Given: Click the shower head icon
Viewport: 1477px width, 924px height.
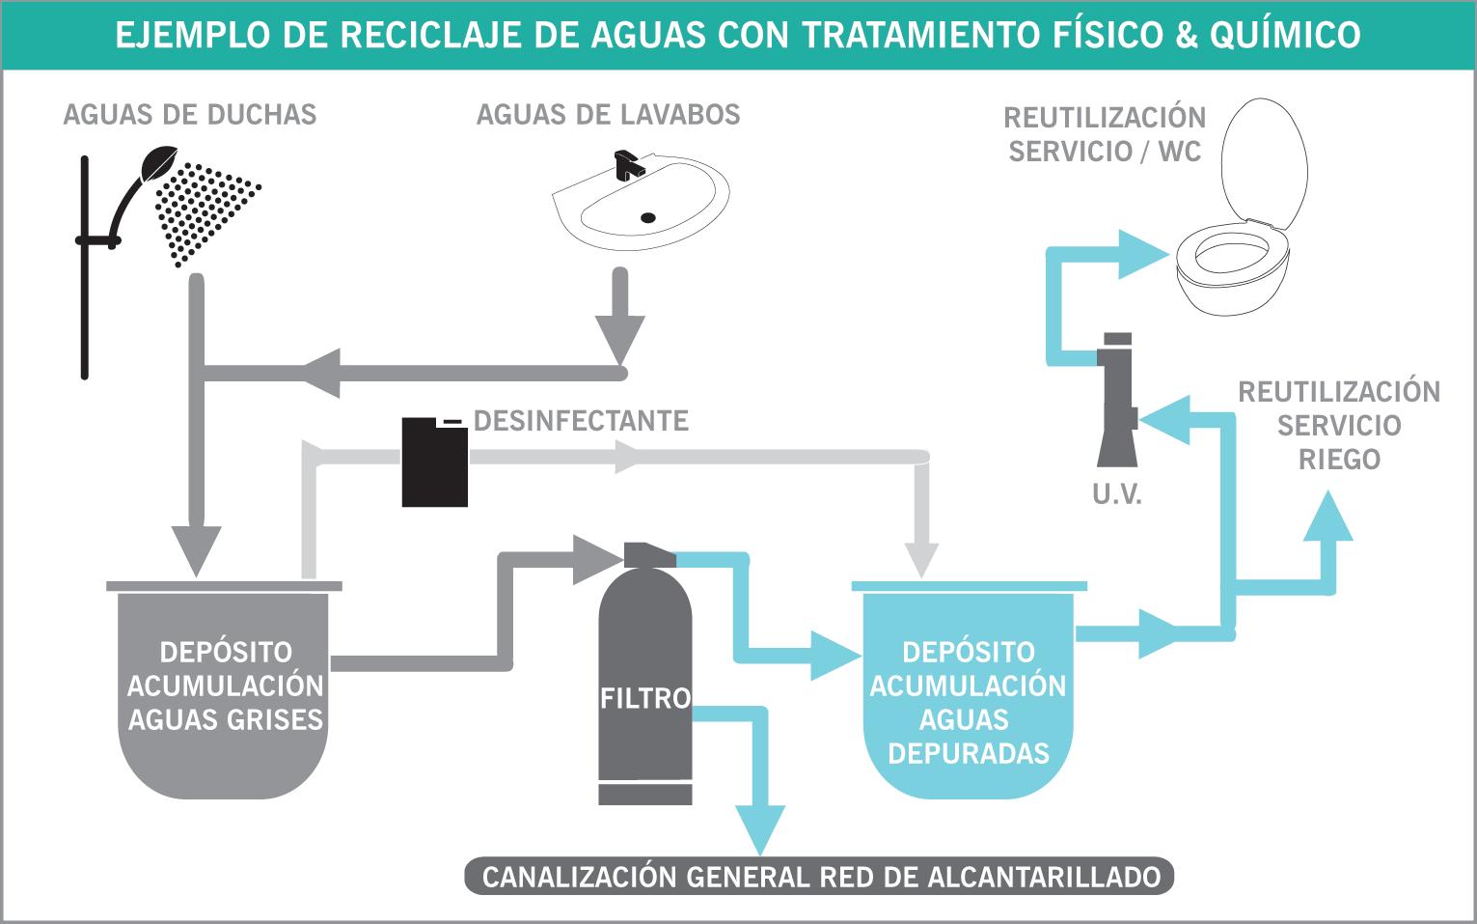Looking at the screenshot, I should (157, 162).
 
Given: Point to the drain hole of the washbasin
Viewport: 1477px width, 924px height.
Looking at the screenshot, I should (649, 217).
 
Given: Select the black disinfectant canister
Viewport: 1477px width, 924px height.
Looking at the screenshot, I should (434, 462).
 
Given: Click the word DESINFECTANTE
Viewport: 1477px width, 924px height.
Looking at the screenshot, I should (581, 421).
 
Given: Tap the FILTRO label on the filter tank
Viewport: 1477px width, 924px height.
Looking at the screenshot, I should (645, 698).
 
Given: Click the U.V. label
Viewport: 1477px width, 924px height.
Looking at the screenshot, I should (1117, 495).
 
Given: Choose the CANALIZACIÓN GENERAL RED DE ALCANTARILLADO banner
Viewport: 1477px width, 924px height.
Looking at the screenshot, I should (820, 877).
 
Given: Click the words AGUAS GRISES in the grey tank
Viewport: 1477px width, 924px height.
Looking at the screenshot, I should (226, 719).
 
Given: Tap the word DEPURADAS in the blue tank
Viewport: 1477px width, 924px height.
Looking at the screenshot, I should (969, 753).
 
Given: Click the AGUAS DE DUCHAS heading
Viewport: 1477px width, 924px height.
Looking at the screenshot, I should (190, 115).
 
